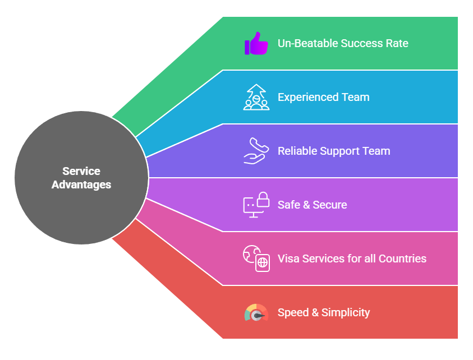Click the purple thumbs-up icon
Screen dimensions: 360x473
coord(256,43)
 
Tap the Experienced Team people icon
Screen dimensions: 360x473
coord(256,97)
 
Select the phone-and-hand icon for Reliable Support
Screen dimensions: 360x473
coord(256,151)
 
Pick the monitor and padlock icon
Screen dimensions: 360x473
coord(256,205)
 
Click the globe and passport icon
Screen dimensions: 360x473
coord(256,259)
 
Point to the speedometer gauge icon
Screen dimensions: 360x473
coord(256,313)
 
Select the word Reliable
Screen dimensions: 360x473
coord(297,151)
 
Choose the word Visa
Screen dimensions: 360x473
coord(288,259)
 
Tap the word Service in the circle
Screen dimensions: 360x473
coord(81,171)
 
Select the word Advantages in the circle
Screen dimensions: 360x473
coord(81,184)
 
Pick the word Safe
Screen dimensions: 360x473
coord(289,205)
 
